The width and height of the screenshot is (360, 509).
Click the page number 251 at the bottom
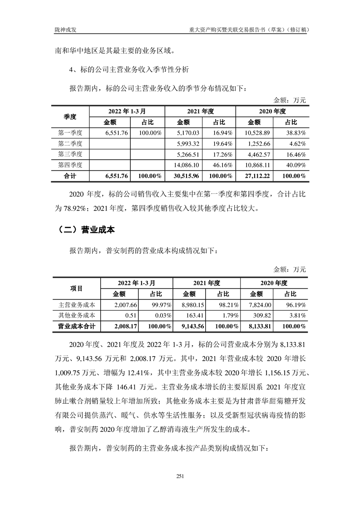click(x=180, y=476)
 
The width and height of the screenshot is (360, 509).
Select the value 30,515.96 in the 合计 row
click(x=186, y=176)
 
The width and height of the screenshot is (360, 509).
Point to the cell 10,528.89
click(x=257, y=133)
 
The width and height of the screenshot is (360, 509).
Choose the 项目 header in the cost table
click(x=76, y=288)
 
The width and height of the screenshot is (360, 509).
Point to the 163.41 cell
click(x=194, y=316)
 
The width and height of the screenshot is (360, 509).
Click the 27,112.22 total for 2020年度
click(x=257, y=176)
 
